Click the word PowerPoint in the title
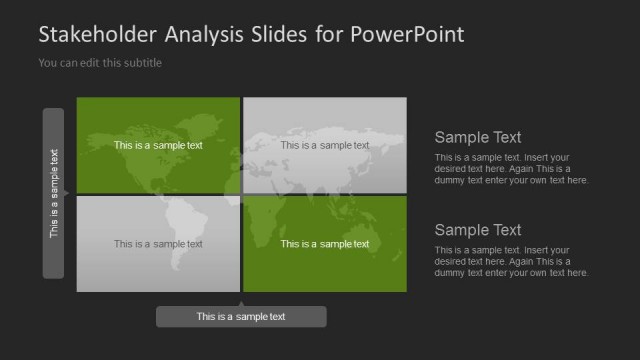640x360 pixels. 408,35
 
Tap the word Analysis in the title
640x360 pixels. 206,35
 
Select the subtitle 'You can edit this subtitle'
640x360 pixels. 99,63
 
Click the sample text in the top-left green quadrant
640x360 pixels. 158,145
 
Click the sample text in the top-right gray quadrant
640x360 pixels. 324,145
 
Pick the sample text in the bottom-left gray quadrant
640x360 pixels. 158,243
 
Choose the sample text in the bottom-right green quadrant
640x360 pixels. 324,243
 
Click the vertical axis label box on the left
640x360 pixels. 54,193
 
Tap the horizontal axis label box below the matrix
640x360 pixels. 241,317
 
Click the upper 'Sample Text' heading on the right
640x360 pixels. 478,138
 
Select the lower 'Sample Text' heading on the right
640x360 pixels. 478,230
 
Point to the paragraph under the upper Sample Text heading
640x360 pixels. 511,168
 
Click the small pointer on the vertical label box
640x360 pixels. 67,193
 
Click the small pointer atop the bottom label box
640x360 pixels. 241,303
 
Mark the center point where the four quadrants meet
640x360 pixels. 241,194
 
